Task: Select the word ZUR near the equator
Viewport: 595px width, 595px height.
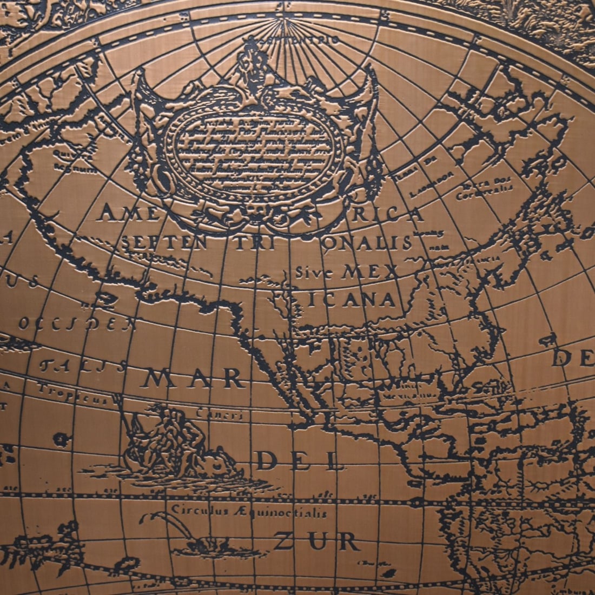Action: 316,541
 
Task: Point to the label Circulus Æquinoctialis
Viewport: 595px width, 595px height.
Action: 249,510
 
